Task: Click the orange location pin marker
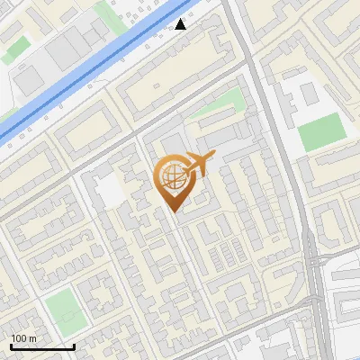173,181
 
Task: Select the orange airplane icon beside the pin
200,164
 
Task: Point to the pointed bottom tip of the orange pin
173,212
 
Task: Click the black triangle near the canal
181,24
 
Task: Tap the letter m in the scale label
32,337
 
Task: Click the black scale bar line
42,346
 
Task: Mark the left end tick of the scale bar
10,345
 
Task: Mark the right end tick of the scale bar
75,345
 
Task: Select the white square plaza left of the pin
111,190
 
